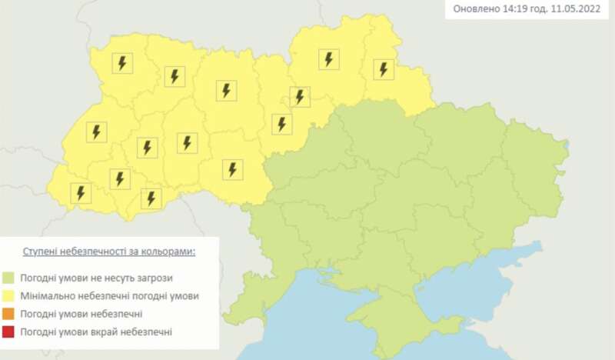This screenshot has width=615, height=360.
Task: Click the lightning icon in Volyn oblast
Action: (121, 62)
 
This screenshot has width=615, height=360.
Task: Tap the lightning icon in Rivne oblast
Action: (175, 76)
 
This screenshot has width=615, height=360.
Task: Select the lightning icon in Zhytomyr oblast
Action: (225, 90)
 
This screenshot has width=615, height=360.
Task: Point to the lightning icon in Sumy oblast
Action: (383, 69)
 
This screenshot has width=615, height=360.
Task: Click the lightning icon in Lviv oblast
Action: (96, 132)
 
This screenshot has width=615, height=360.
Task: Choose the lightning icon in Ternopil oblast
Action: (146, 147)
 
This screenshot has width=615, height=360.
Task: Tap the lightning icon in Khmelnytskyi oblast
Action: (186, 142)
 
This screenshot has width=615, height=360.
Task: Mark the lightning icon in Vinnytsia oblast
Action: (232, 169)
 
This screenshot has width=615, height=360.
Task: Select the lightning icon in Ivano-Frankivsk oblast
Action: (118, 178)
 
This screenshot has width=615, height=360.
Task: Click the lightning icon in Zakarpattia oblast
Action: (80, 192)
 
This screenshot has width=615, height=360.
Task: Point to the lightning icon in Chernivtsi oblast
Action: (151, 198)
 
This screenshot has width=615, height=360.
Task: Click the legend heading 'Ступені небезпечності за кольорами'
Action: (108, 252)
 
